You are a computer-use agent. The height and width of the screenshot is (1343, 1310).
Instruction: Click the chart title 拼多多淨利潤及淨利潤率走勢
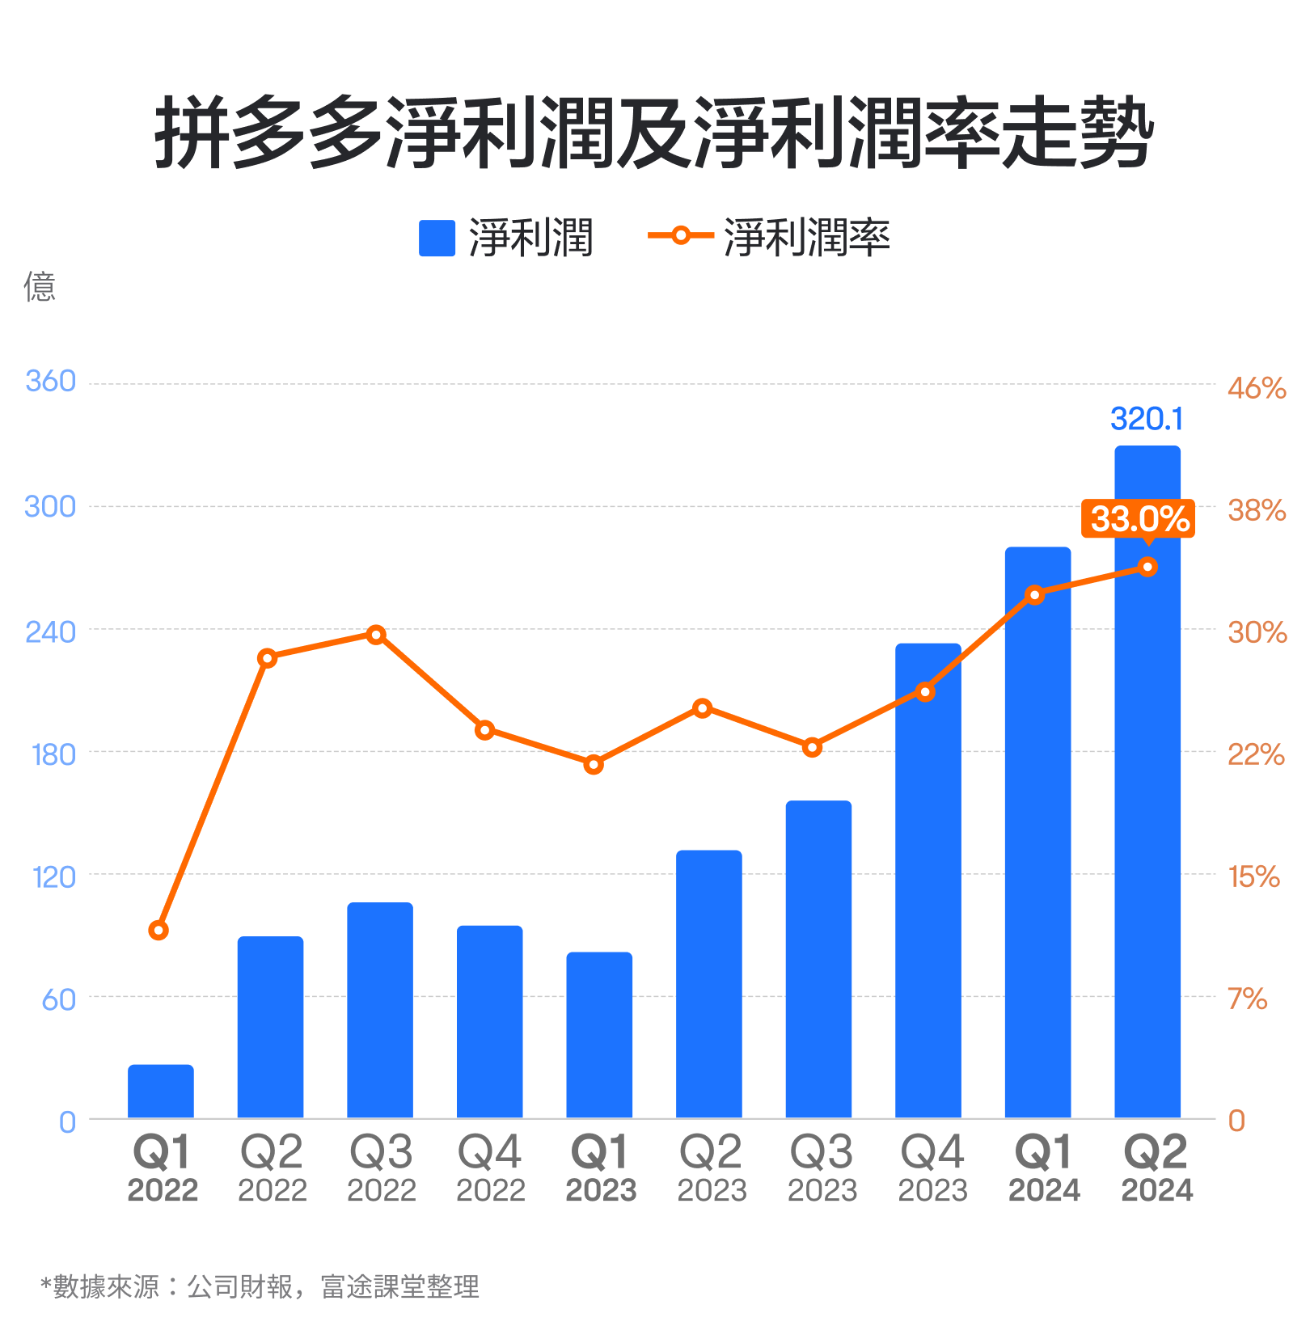(x=653, y=133)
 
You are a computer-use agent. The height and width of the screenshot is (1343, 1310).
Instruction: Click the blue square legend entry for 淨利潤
(x=437, y=239)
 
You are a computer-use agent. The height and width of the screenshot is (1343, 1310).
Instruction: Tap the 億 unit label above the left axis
(x=40, y=287)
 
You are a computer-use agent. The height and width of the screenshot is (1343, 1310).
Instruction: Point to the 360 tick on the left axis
(x=50, y=381)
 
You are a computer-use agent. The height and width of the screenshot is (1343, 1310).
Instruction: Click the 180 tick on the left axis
(x=53, y=754)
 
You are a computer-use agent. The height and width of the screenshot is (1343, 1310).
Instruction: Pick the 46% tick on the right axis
(x=1256, y=388)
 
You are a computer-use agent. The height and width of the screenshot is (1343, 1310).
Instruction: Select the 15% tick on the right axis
(x=1253, y=876)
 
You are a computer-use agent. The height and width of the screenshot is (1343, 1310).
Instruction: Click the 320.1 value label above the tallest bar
(x=1146, y=419)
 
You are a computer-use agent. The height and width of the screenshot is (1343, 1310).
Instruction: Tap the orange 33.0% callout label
(x=1139, y=518)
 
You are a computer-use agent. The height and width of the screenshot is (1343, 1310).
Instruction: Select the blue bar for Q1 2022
(x=161, y=1092)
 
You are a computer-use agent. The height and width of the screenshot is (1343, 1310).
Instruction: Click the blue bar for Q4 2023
(x=928, y=881)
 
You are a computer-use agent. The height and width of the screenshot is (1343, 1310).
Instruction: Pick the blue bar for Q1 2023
(x=599, y=1035)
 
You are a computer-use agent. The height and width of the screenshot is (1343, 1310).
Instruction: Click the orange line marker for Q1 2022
(x=158, y=931)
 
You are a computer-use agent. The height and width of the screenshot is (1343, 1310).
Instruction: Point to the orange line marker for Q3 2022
(x=376, y=635)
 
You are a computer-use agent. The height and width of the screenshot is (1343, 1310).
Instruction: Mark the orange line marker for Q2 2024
(x=1147, y=567)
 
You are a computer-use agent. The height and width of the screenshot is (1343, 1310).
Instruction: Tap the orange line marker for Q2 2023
(x=703, y=708)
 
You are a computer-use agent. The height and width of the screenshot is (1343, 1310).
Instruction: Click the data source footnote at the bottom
(x=260, y=1286)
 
